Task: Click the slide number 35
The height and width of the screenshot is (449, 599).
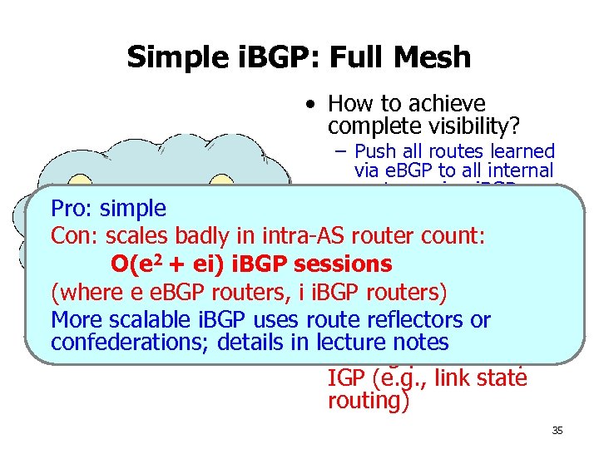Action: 557,431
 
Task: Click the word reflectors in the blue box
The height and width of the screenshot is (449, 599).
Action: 413,320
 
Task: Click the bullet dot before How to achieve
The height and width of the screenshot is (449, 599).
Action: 309,106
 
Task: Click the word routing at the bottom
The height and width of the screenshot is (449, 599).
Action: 364,400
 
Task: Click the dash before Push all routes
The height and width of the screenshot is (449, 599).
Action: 342,152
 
